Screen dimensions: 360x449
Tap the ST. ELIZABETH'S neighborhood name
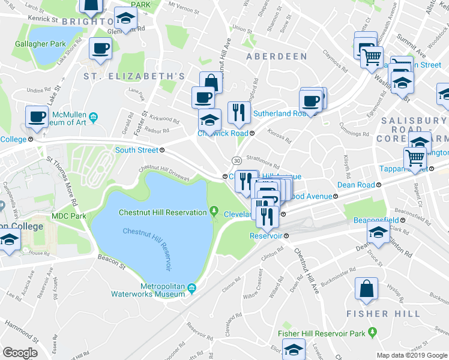tap(134, 76)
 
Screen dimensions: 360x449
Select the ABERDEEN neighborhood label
tap(277, 56)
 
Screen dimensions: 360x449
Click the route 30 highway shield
tap(237, 160)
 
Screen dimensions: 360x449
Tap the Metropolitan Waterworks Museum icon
tap(191, 289)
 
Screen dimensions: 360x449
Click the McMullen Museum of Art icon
tap(93, 117)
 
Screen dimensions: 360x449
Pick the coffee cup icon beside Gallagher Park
tap(100, 49)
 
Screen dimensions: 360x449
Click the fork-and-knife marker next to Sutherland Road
tap(239, 112)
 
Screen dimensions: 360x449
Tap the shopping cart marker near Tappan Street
tap(415, 158)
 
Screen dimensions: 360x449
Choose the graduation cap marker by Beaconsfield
tap(378, 235)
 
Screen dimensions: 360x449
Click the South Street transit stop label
tap(136, 150)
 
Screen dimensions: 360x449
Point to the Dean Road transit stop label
tap(356, 185)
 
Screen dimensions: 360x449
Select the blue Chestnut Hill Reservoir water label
tap(150, 247)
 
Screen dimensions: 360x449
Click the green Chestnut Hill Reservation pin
tap(214, 211)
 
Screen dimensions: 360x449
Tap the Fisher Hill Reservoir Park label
tap(322, 333)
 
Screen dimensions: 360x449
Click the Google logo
tap(21, 353)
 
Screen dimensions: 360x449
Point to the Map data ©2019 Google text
tap(411, 355)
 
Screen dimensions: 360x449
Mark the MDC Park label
tap(68, 216)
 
